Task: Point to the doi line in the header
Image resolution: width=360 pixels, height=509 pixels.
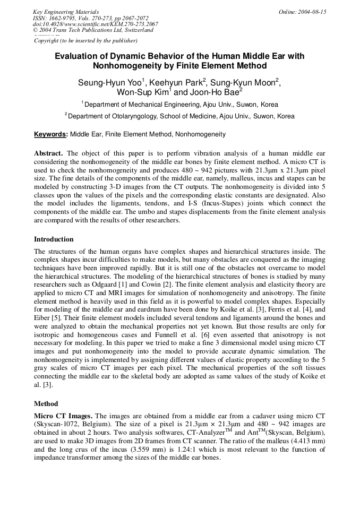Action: (95, 24)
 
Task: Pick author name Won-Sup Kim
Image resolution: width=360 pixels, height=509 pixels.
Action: (143, 92)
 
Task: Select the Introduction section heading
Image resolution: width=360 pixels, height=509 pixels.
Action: (54, 239)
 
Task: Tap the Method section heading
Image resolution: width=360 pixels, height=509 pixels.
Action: (46, 403)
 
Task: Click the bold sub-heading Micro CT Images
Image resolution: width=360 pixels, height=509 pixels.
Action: (63, 415)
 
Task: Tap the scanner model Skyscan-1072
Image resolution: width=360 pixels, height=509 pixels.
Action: (56, 423)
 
